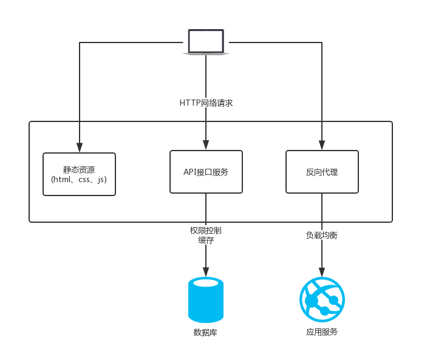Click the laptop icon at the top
[206, 42]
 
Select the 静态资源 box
[79, 174]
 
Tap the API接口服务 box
[206, 172]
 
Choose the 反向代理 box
[322, 172]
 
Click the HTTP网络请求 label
[206, 103]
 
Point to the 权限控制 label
[206, 231]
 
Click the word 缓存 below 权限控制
[206, 240]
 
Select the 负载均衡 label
[322, 235]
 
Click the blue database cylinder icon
[206, 300]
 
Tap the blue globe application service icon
[322, 300]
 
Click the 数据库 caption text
[205, 333]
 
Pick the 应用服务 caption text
[322, 332]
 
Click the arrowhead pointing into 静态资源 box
[80, 148]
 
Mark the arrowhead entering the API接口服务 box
[206, 145]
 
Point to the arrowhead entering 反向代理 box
[322, 145]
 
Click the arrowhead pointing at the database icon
[206, 271]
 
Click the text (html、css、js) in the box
[79, 180]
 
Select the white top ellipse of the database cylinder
[206, 283]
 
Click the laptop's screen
[206, 41]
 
